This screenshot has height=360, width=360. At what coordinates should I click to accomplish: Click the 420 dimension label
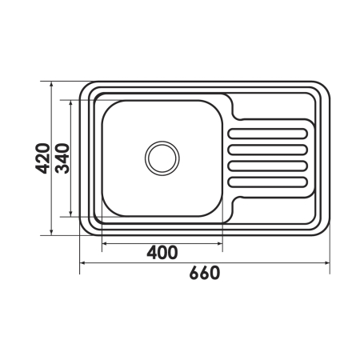coord(42,158)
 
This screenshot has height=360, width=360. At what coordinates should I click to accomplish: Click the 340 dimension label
coord(63,158)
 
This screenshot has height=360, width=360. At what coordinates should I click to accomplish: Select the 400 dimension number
coord(162,252)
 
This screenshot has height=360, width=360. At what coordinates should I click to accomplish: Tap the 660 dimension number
coord(205,273)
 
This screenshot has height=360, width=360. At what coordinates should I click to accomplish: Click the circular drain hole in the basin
coord(162,158)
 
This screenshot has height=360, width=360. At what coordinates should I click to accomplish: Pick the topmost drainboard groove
coord(268,134)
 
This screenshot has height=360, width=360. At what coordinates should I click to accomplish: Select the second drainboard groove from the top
coord(268,150)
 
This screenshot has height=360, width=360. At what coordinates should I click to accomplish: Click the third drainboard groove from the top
coord(268,166)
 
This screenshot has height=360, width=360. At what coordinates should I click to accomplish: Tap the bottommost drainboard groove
coord(268,182)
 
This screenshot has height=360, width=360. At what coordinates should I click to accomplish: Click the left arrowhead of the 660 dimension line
coord(82,263)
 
